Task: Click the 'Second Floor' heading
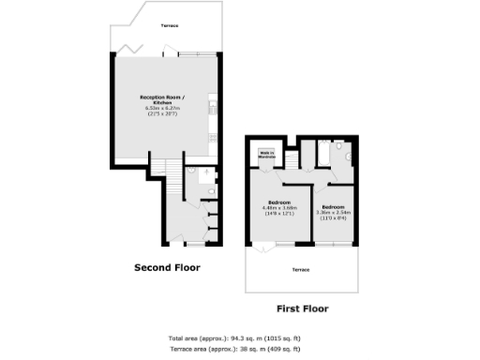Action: tap(167, 267)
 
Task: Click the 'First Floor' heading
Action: tap(302, 307)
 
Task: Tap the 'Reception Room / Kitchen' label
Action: tap(163, 100)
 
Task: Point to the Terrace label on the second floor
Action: tap(170, 25)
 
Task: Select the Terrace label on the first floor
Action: tap(301, 269)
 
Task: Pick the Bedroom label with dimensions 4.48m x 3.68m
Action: tap(278, 202)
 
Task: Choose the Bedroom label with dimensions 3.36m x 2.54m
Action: tap(333, 206)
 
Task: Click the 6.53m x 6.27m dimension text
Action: tap(163, 109)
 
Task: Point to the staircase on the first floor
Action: tap(292, 158)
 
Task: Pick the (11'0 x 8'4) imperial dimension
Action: tap(333, 217)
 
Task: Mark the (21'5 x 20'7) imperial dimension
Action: tap(163, 114)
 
